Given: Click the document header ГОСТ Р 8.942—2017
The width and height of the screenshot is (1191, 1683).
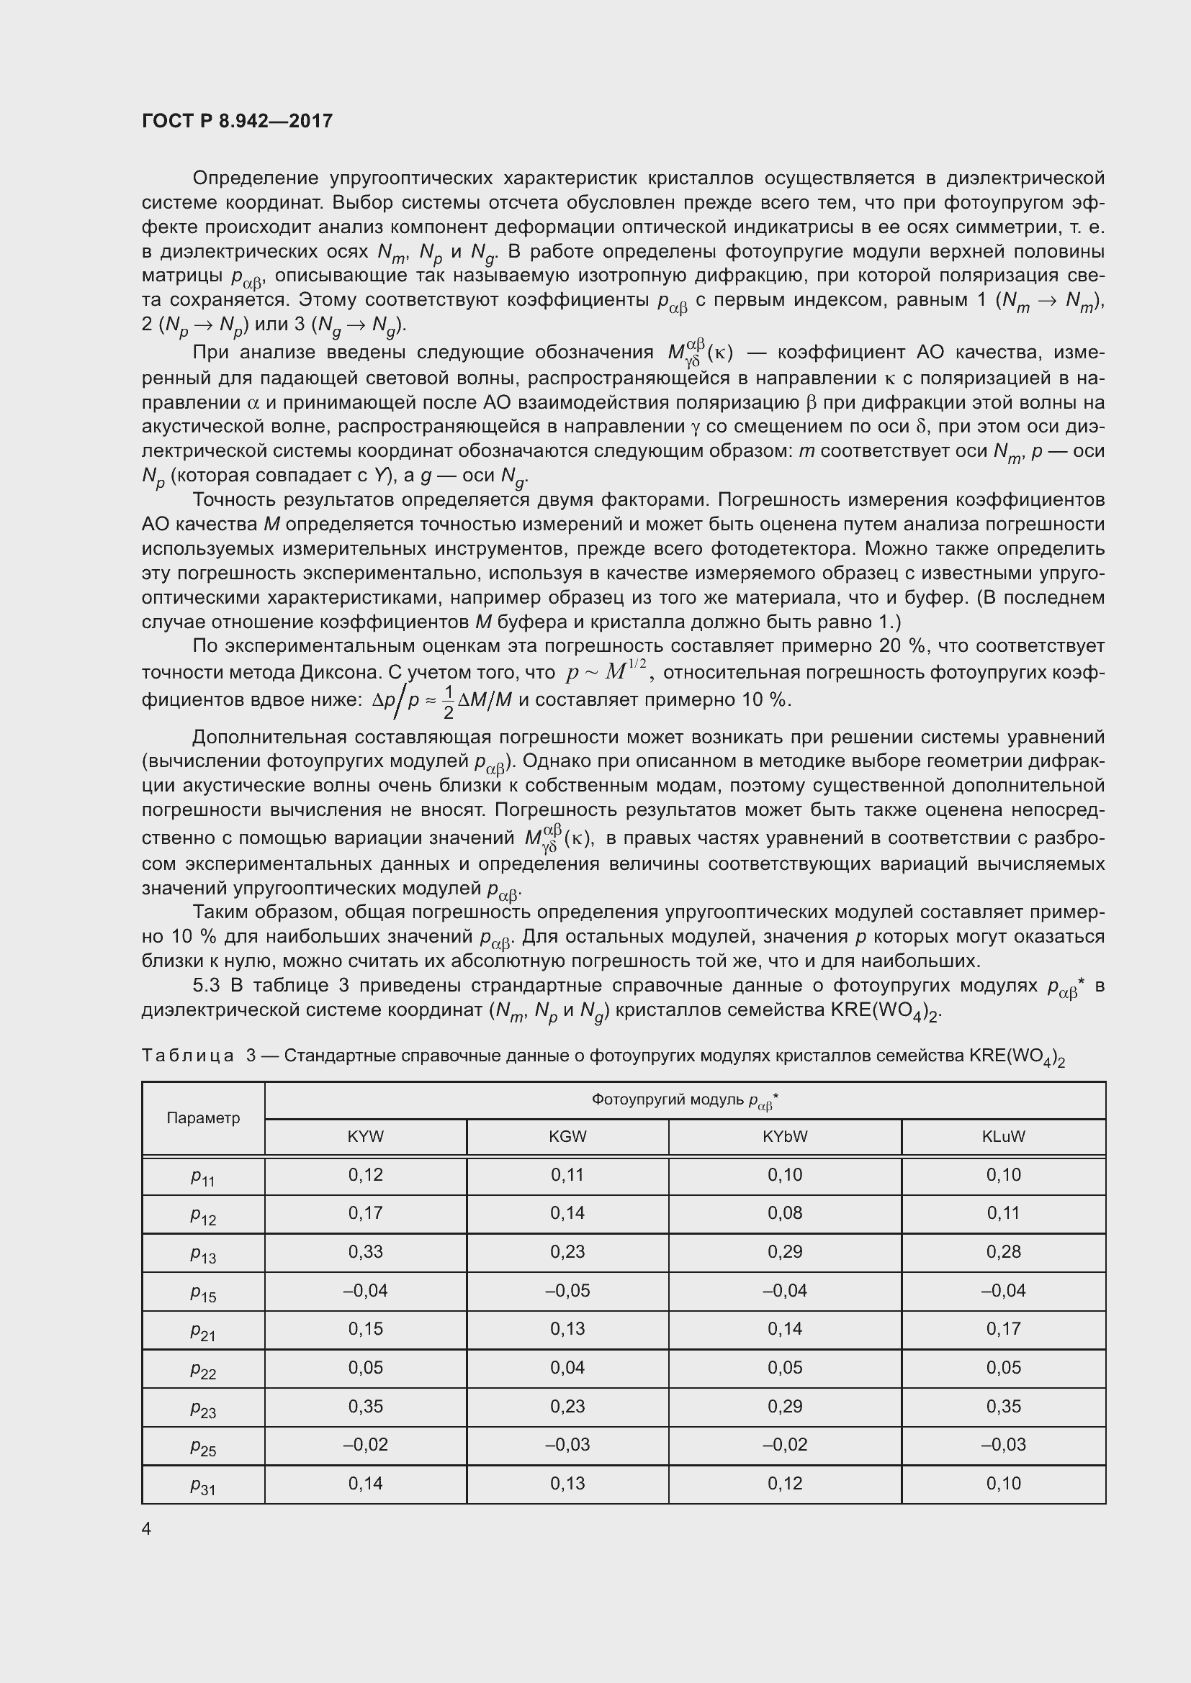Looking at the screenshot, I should point(237,121).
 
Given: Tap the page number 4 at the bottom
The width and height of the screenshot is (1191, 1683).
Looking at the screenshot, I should point(147,1528).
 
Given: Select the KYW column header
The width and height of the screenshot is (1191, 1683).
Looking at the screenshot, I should point(365,1137).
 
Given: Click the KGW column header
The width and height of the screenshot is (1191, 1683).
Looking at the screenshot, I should point(567,1137).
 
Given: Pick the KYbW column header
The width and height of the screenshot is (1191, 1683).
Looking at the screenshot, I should point(785,1137).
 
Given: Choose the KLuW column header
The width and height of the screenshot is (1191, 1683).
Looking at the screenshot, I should point(1003,1137).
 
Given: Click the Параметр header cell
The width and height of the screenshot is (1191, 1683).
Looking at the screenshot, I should point(203,1118).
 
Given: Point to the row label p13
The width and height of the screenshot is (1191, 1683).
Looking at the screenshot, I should point(203,1254).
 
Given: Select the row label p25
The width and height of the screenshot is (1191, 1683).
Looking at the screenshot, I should point(203,1447).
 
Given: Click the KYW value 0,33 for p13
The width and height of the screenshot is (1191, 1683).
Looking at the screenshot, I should point(365,1252).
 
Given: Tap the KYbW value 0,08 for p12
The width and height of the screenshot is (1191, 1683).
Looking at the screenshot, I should point(785,1213).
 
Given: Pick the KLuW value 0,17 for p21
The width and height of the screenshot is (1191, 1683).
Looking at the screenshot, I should point(1003,1329).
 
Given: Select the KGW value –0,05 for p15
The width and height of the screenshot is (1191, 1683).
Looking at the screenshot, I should point(567,1290).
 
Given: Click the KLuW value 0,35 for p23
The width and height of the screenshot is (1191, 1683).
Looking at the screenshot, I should point(1003,1406).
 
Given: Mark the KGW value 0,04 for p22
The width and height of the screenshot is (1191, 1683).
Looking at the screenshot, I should point(567,1368).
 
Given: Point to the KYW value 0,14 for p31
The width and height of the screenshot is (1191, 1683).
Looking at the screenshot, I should point(365,1484).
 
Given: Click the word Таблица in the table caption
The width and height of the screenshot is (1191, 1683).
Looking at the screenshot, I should point(188,1056).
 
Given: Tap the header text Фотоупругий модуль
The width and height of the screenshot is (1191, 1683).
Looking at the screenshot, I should point(668,1099).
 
